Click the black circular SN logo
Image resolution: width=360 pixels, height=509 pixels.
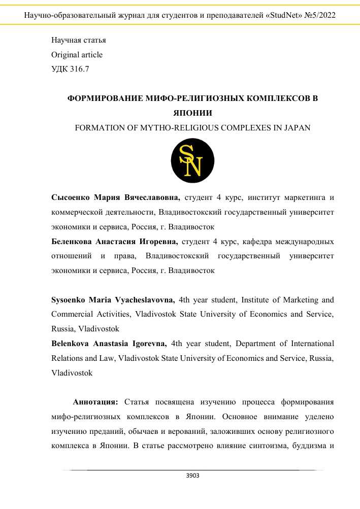click(193, 161)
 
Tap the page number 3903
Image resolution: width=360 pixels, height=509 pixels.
click(193, 476)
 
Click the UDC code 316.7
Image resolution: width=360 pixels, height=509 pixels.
click(80, 69)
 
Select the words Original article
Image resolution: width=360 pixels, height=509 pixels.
click(77, 55)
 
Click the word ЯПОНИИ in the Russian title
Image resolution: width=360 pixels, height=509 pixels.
click(192, 113)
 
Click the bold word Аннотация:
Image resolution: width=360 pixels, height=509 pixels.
click(95, 402)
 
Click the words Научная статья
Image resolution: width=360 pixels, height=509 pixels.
click(79, 40)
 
